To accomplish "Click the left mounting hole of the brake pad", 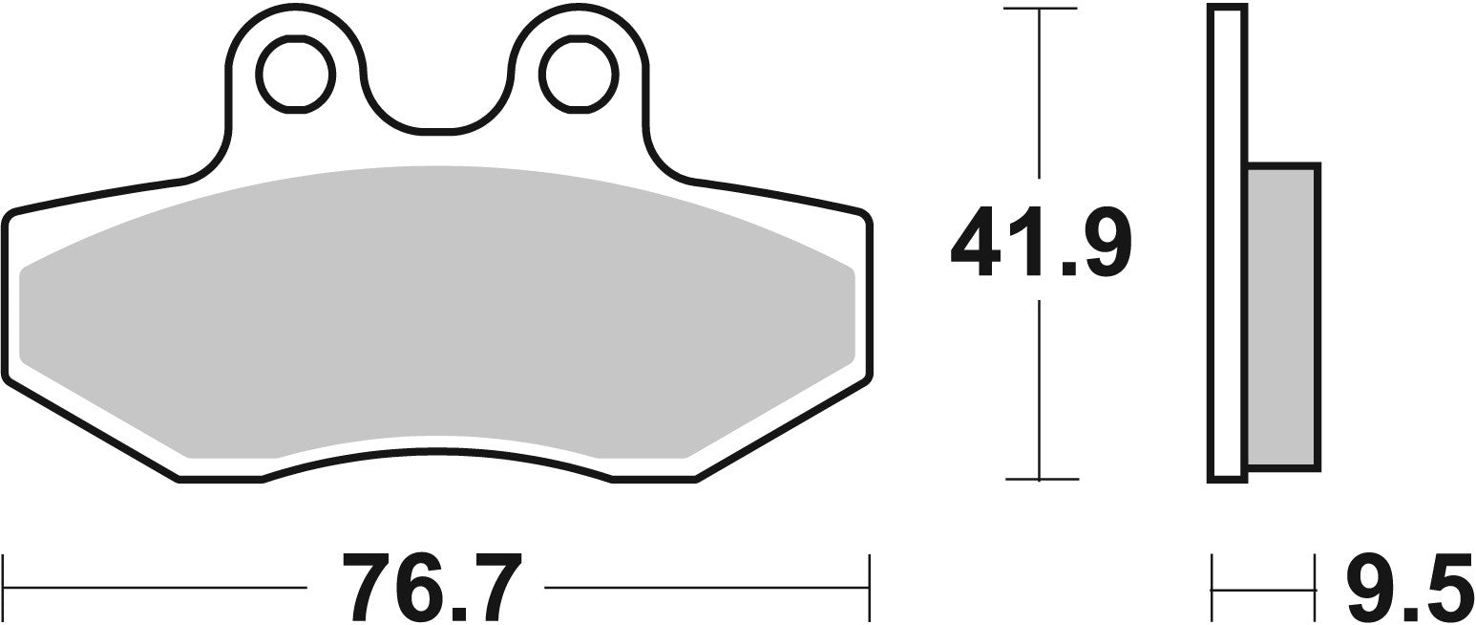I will pos(295,75).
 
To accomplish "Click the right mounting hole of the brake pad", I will pos(579,75).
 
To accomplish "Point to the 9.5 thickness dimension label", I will pos(1408,586).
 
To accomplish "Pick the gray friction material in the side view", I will pos(1283,316).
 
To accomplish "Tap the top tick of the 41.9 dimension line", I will pos(1040,10).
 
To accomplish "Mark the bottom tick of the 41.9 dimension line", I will pos(1040,478).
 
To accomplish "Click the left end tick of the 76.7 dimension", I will pos(4,586).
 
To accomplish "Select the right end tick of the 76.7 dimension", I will pos(868,586).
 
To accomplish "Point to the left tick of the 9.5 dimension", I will pos(1212,586).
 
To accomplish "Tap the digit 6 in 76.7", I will pos(426,586).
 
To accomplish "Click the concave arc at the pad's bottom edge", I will pos(436,450).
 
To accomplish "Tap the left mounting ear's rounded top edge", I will pos(295,8).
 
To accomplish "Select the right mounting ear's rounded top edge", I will pos(579,8).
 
